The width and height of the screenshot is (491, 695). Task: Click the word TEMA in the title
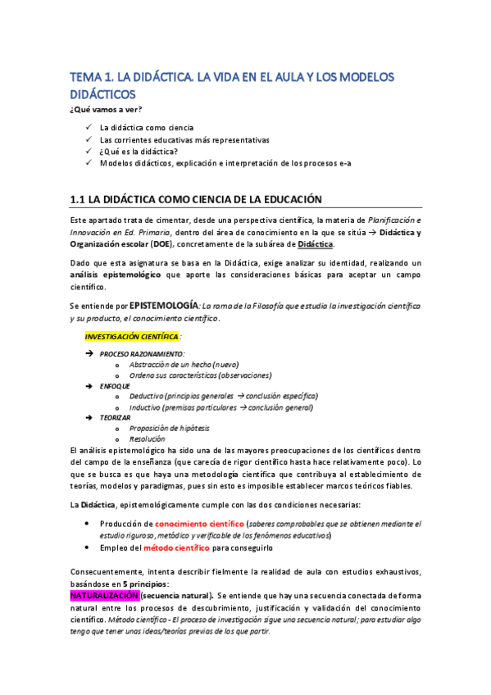tap(84, 77)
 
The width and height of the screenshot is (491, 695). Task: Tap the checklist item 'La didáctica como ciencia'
tap(146, 128)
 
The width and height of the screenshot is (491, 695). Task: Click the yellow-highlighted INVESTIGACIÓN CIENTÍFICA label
tap(131, 337)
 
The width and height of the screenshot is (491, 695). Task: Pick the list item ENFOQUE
tap(115, 385)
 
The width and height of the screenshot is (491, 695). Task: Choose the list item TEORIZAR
tap(116, 417)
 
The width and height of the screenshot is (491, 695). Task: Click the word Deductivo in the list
tap(147, 396)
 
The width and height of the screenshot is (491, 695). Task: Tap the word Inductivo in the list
tap(146, 407)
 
